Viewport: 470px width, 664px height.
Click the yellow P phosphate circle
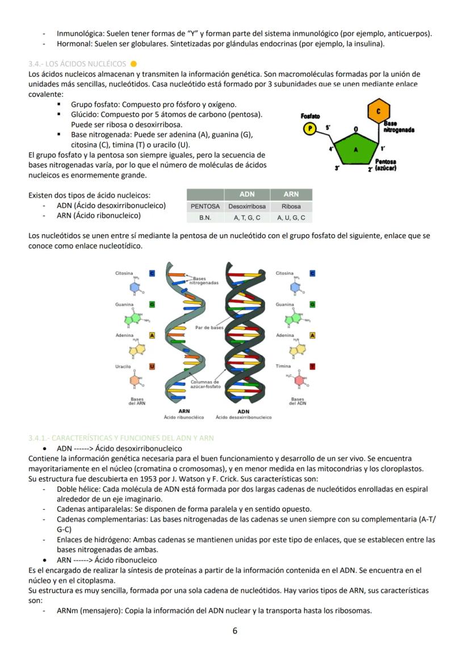309,129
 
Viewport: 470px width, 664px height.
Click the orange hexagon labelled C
379,112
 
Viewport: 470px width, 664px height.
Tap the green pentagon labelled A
355,149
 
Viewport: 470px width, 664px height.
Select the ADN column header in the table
247,194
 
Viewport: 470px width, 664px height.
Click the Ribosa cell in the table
291,206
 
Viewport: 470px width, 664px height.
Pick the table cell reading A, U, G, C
291,218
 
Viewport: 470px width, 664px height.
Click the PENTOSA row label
205,206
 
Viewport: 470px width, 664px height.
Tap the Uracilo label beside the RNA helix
123,367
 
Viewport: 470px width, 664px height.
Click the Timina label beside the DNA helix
283,366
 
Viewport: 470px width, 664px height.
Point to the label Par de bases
209,328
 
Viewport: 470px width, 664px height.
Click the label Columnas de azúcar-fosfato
205,384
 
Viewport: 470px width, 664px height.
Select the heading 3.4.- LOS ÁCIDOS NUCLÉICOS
77,64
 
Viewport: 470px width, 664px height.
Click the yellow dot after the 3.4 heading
133,64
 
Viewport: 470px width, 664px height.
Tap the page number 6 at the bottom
235,631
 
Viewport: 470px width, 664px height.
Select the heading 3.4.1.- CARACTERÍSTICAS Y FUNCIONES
121,438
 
